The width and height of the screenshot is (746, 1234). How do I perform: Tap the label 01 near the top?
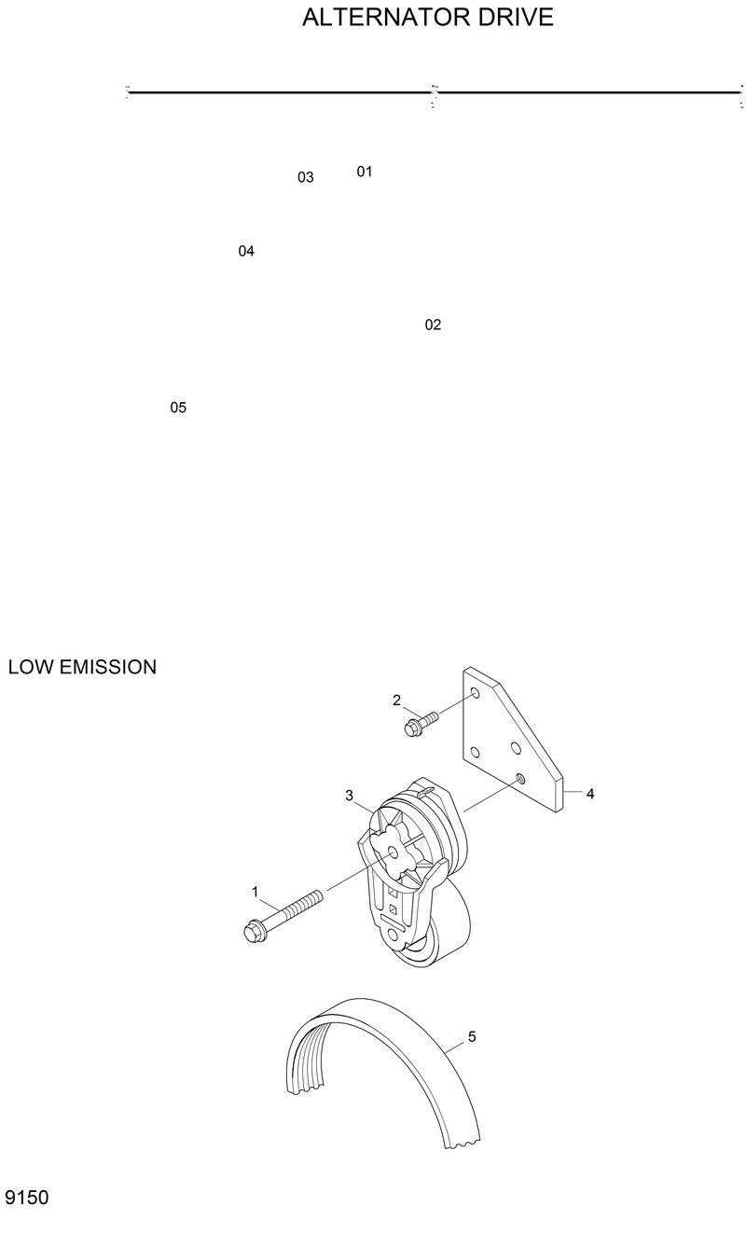pyautogui.click(x=365, y=172)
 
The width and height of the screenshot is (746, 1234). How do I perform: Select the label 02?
pyautogui.click(x=433, y=325)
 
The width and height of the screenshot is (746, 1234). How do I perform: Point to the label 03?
pyautogui.click(x=306, y=177)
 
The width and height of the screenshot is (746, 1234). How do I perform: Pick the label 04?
pyautogui.click(x=246, y=251)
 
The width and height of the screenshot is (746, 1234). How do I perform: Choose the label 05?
pyautogui.click(x=178, y=408)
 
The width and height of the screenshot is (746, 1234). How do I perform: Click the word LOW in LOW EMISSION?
pyautogui.click(x=30, y=668)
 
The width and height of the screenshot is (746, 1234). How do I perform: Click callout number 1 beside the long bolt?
pyautogui.click(x=255, y=892)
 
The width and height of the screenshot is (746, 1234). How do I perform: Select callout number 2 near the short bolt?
pyautogui.click(x=396, y=700)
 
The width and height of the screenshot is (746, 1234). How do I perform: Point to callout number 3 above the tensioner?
pyautogui.click(x=349, y=796)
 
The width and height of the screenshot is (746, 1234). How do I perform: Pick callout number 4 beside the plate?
pyautogui.click(x=590, y=794)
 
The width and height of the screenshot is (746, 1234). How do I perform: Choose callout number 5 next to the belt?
pyautogui.click(x=472, y=1036)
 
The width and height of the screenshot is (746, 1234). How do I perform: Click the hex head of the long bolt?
pyautogui.click(x=253, y=930)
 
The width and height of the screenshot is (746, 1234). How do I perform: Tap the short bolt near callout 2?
pyautogui.click(x=420, y=723)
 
